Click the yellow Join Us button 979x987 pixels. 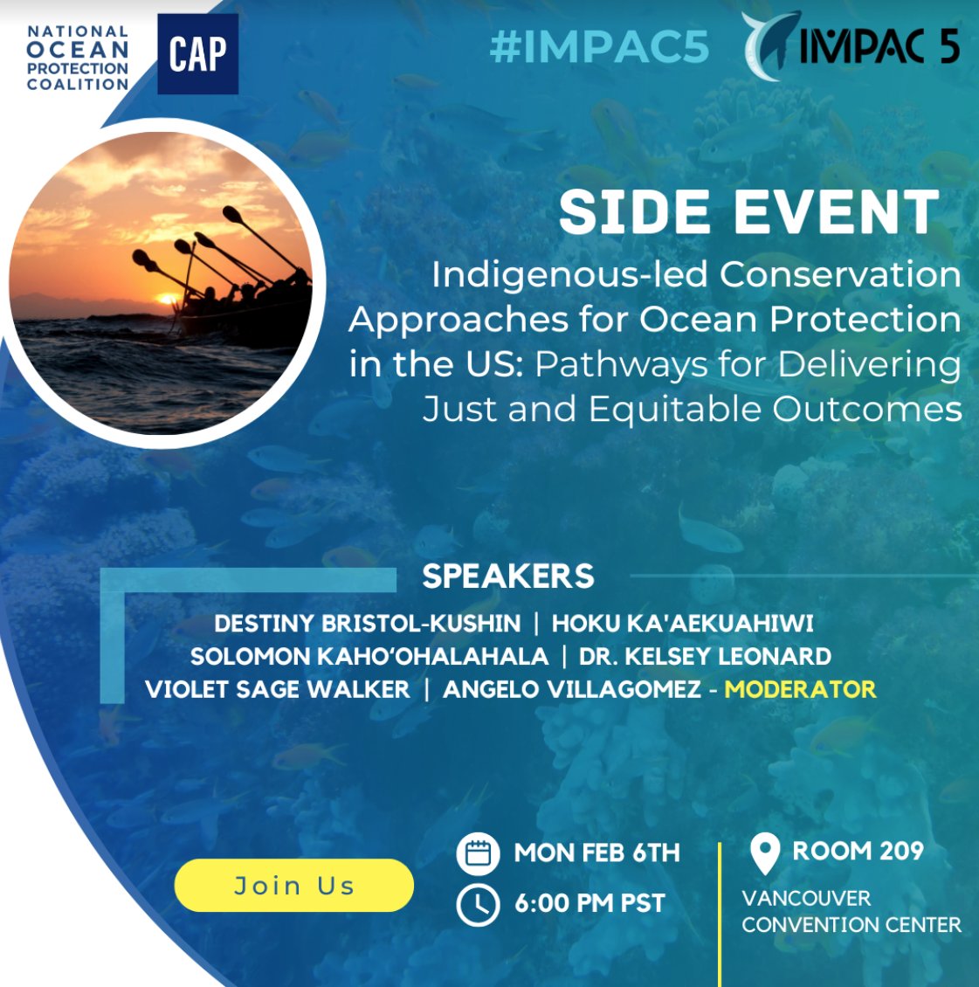(x=293, y=886)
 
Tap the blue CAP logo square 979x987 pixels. (x=197, y=54)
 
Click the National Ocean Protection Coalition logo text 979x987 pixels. (x=78, y=59)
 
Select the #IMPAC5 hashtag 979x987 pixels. (x=599, y=46)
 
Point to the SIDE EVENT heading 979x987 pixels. (x=748, y=212)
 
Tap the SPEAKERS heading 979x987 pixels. (x=508, y=576)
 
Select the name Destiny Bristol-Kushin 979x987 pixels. (x=367, y=624)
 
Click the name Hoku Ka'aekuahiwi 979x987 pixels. (x=682, y=624)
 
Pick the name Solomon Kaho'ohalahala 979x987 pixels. (x=369, y=656)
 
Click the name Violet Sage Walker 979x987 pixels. (x=278, y=689)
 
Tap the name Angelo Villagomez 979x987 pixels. (x=572, y=689)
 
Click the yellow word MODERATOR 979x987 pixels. (x=800, y=689)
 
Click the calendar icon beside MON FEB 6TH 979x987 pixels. (x=478, y=853)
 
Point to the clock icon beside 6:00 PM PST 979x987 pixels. (x=478, y=904)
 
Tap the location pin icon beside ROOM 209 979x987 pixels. (x=765, y=853)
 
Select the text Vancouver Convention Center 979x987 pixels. (x=851, y=911)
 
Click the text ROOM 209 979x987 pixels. (x=858, y=851)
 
